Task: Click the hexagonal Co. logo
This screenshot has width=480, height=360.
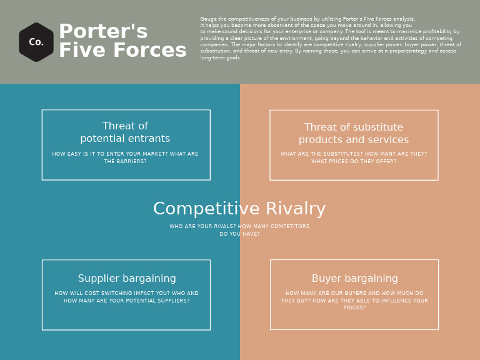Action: [36, 42]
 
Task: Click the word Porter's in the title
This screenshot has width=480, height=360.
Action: [103, 32]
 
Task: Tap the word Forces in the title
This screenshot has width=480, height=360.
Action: [154, 51]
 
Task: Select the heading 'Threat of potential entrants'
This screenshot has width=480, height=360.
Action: [125, 132]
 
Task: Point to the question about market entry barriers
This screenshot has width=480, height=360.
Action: [125, 157]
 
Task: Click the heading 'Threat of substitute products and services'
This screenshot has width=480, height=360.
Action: [354, 134]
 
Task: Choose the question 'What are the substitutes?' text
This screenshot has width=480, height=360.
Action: [354, 157]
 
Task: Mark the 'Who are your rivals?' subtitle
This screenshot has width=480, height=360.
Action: [239, 230]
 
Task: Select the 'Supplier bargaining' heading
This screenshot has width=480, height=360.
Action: [127, 279]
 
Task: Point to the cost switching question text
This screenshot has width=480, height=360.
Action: [126, 297]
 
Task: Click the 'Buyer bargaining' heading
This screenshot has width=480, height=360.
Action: [354, 279]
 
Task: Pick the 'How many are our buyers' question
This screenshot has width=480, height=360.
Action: [354, 300]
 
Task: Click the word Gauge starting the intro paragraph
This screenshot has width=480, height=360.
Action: [208, 19]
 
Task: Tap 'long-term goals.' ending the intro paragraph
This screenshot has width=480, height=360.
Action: [221, 57]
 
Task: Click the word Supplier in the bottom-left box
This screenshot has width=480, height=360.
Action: [97, 279]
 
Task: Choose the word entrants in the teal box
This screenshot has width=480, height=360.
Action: [149, 139]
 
